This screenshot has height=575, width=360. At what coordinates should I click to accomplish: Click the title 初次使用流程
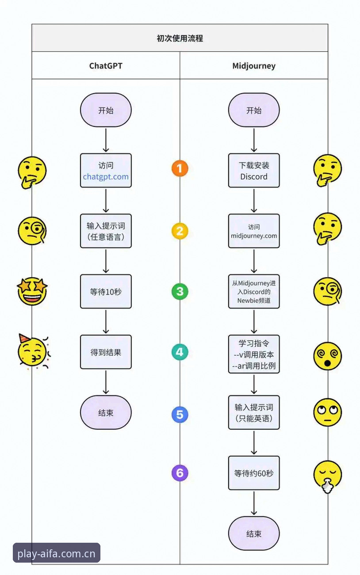[180, 38]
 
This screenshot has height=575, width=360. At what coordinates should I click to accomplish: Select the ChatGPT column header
[106, 66]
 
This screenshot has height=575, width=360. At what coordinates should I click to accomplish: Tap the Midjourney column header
[254, 66]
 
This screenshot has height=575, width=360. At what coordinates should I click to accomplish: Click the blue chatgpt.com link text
[106, 177]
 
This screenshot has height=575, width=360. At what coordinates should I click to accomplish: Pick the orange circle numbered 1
[180, 168]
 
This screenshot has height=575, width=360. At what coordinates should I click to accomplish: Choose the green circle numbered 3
[180, 291]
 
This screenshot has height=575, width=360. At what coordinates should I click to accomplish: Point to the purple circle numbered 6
[180, 473]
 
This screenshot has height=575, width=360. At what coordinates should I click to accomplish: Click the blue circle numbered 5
[180, 414]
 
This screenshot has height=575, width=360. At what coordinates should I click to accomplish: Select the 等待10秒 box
[106, 291]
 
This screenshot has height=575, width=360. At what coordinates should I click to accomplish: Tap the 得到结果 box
[106, 352]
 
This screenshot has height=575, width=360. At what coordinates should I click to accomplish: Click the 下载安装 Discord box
[254, 171]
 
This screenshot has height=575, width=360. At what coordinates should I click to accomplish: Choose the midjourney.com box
[254, 231]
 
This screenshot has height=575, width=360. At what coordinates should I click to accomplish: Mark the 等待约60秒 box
[254, 473]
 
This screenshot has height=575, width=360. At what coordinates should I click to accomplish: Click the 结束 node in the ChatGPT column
[106, 412]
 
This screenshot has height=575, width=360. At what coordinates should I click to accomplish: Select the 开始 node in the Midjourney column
[254, 110]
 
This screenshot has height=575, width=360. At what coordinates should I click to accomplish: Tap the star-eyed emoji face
[32, 291]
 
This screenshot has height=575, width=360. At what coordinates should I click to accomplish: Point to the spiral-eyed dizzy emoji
[328, 356]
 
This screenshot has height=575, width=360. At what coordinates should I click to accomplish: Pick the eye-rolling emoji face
[328, 412]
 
